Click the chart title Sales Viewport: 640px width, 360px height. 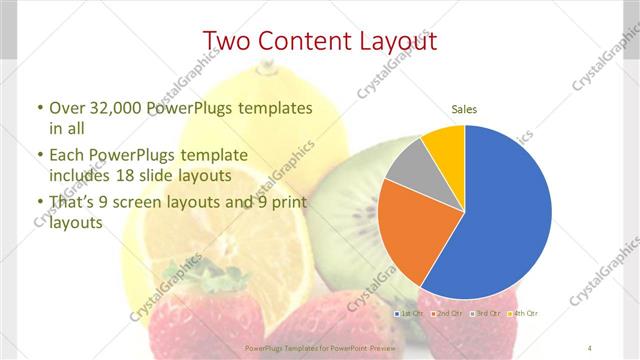pos(464,108)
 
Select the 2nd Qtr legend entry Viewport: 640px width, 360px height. pos(447,314)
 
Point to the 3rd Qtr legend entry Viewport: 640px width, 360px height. pos(484,314)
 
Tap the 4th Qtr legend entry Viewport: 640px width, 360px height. pos(521,314)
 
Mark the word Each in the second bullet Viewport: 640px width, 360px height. pos(67,155)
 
